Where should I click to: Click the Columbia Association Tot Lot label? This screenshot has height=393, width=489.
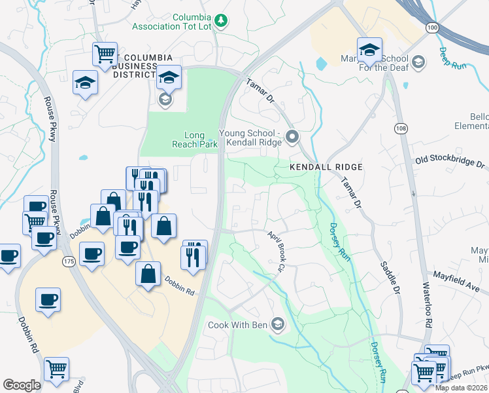tap(172, 22)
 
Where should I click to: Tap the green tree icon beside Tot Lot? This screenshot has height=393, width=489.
tap(221, 21)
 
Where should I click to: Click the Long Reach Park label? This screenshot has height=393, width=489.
tap(194, 140)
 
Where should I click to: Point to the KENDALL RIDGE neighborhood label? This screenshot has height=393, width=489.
tap(326, 167)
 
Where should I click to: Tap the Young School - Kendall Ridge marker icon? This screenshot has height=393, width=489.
tap(292, 137)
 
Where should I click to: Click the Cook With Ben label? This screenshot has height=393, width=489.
tap(238, 325)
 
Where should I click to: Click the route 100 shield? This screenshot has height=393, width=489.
tap(431, 28)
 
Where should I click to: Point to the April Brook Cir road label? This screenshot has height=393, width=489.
tap(275, 251)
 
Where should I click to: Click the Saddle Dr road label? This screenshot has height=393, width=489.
tap(390, 278)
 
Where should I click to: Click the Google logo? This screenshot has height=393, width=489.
tap(22, 385)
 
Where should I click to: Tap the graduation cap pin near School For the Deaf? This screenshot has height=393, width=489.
tap(369, 50)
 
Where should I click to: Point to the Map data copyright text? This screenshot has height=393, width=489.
tap(462, 388)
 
